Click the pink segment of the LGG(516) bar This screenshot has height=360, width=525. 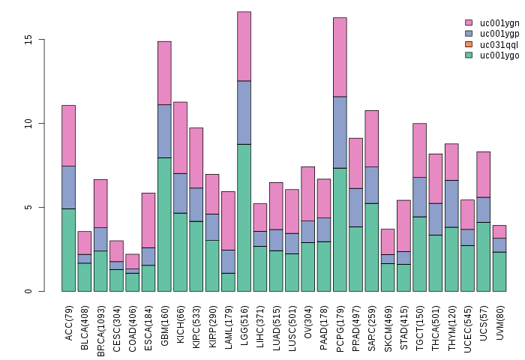coord(244,46)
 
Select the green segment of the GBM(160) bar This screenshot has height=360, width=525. coord(164,224)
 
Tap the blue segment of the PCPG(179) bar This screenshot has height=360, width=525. coord(340,132)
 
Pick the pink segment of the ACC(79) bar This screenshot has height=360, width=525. coord(68,136)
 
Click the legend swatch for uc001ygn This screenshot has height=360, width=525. coord(469,23)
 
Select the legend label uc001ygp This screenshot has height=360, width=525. coord(499,34)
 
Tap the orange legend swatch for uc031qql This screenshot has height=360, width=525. coord(469,44)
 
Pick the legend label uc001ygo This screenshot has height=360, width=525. coord(499,55)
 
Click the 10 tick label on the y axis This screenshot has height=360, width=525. coord(28,123)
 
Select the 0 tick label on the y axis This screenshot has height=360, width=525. coord(28,291)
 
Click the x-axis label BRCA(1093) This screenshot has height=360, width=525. coord(101,322)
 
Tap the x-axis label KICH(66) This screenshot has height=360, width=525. coord(181,318)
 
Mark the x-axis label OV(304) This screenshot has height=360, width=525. coord(308,318)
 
